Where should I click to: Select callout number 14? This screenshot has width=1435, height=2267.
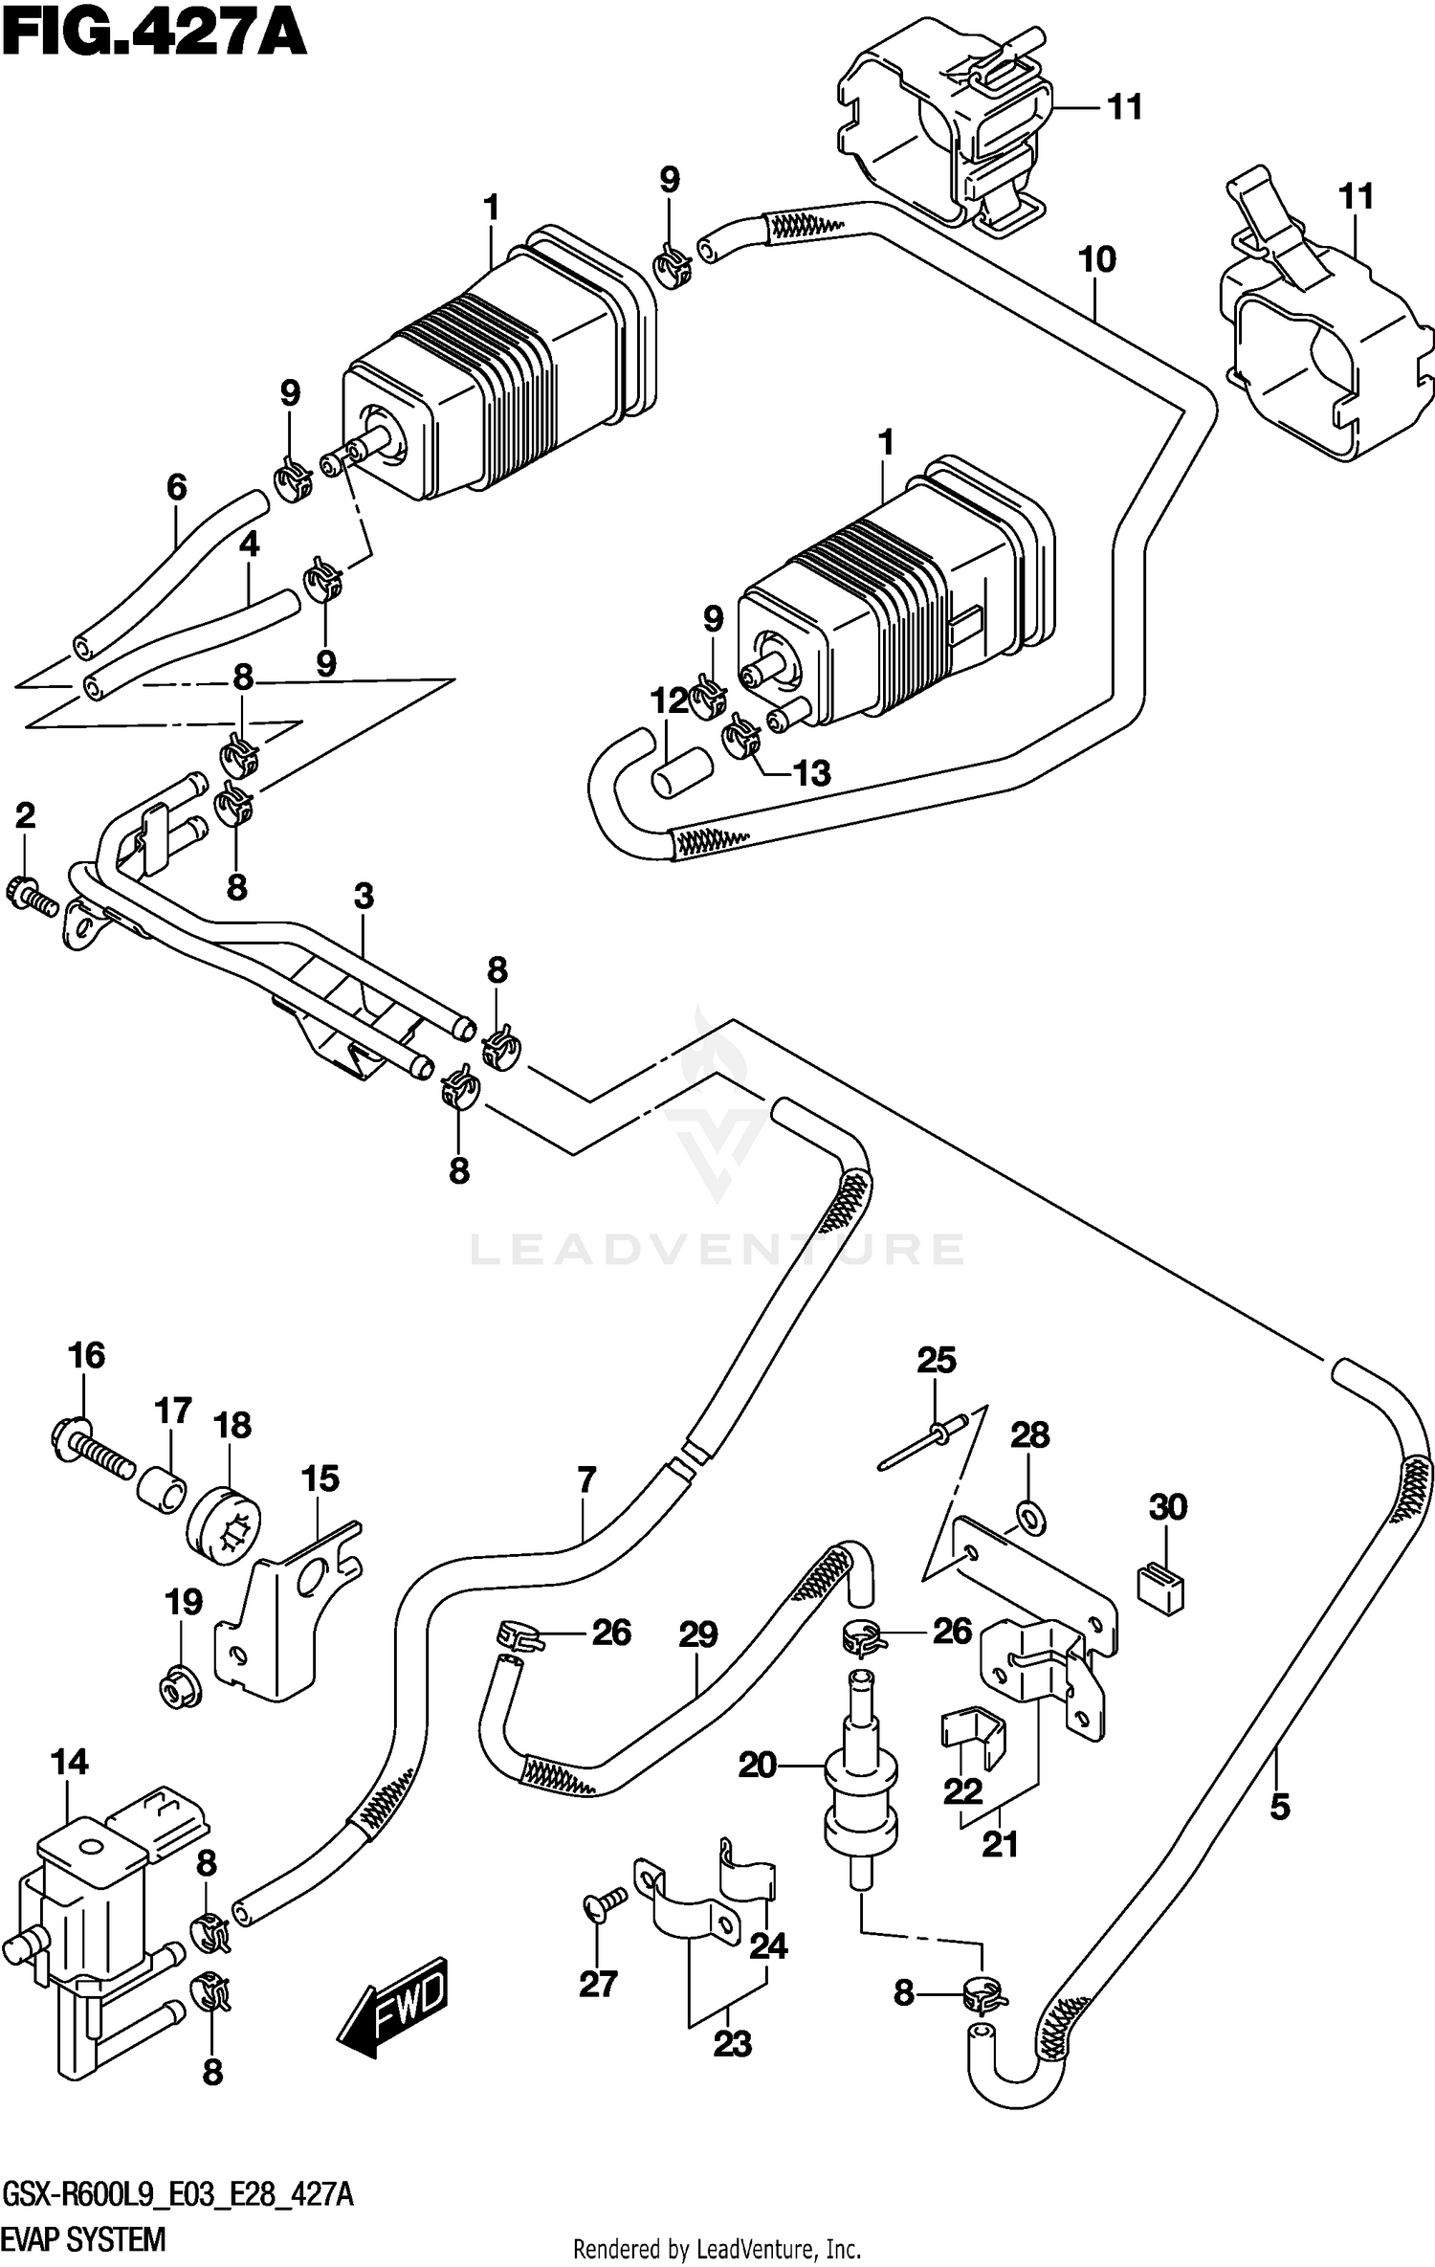point(70,1762)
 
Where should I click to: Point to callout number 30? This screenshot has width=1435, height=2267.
point(1168,1507)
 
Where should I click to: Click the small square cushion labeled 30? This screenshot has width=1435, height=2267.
point(1160,1589)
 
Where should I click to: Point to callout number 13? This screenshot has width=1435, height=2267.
point(812,773)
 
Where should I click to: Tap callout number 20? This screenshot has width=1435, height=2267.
point(757,1764)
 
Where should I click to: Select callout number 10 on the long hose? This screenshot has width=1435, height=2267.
point(1096,259)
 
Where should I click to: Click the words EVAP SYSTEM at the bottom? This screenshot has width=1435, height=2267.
point(84,2238)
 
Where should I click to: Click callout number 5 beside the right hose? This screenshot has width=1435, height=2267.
point(1280,1807)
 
